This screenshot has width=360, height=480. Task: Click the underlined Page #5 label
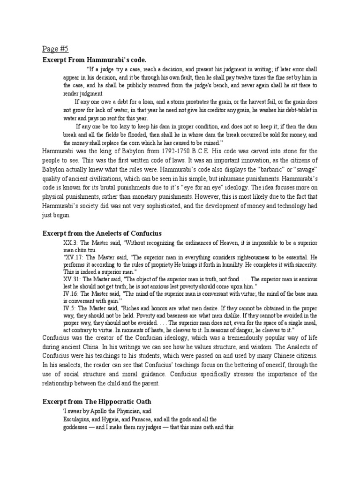pyautogui.click(x=55, y=49)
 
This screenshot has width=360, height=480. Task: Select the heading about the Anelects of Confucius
pyautogui.click(x=102, y=233)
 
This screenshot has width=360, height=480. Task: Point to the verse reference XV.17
pyautogui.click(x=73, y=257)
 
